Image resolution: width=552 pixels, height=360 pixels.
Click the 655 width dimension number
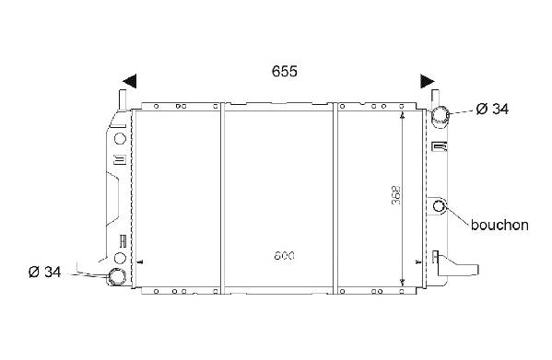pyautogui.click(x=285, y=71)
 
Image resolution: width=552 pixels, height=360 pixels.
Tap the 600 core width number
pyautogui.click(x=284, y=256)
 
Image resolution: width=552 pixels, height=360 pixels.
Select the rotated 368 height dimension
pyautogui.click(x=396, y=195)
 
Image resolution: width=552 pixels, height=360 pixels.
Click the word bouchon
pyautogui.click(x=499, y=225)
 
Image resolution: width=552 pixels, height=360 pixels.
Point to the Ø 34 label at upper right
pyautogui.click(x=492, y=109)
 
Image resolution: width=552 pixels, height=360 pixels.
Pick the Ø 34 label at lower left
pyautogui.click(x=45, y=272)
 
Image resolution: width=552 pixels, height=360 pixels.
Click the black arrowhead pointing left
pyautogui.click(x=130, y=81)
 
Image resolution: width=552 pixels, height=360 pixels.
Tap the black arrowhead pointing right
pyautogui.click(x=428, y=81)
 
